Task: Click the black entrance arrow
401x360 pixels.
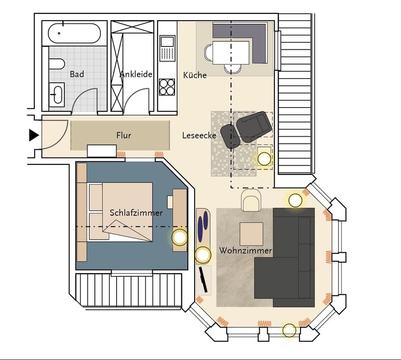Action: (x=33, y=135)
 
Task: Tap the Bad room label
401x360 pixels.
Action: (x=77, y=74)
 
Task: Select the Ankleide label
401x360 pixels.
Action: (x=136, y=74)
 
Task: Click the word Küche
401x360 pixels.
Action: (x=195, y=75)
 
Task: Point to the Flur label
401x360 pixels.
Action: (x=124, y=135)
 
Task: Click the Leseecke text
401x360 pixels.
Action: (x=199, y=135)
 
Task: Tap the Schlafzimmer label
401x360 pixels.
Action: (x=136, y=213)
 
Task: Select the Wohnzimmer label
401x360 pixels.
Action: (x=246, y=251)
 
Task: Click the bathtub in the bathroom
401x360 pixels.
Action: (x=74, y=33)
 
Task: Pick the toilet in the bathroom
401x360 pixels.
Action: (x=56, y=64)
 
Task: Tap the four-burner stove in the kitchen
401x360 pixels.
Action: (x=167, y=87)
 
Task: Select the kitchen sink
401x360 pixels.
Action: (x=167, y=42)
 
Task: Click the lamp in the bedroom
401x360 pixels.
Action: (x=180, y=237)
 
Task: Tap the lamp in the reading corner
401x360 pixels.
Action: (x=264, y=158)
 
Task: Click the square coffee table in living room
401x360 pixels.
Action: (x=251, y=234)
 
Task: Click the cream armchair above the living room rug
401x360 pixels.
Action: (x=251, y=199)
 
